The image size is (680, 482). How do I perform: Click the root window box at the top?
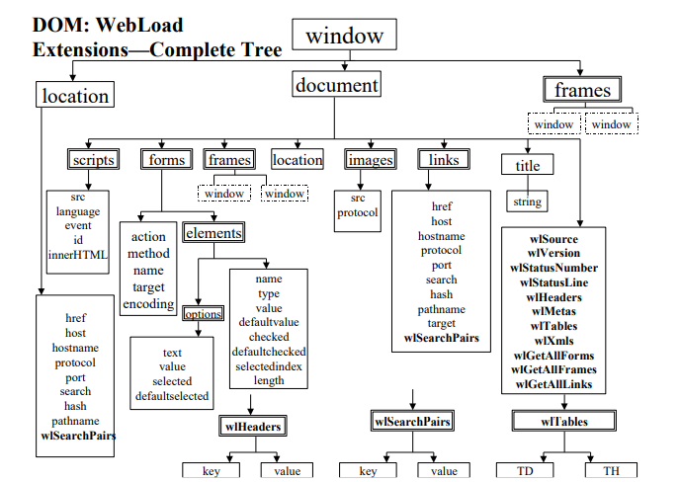(x=344, y=37)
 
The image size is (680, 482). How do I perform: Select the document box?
(x=336, y=86)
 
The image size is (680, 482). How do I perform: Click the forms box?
(x=166, y=160)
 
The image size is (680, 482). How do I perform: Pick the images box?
(x=371, y=160)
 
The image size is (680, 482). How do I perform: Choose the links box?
(x=438, y=160)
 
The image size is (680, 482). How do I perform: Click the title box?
(x=528, y=166)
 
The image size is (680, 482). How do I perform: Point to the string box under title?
(x=528, y=202)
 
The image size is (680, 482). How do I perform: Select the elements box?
(x=212, y=233)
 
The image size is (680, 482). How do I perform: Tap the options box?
(x=202, y=314)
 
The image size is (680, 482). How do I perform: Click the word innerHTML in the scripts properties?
(x=78, y=254)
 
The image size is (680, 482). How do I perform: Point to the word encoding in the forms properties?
(x=148, y=304)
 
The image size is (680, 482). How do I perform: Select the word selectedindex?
(x=269, y=366)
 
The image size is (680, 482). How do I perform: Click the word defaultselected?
(x=172, y=396)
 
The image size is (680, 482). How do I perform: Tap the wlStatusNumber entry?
(x=553, y=268)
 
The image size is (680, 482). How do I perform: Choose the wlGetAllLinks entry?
(x=553, y=383)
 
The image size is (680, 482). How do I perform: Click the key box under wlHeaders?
(x=211, y=471)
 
